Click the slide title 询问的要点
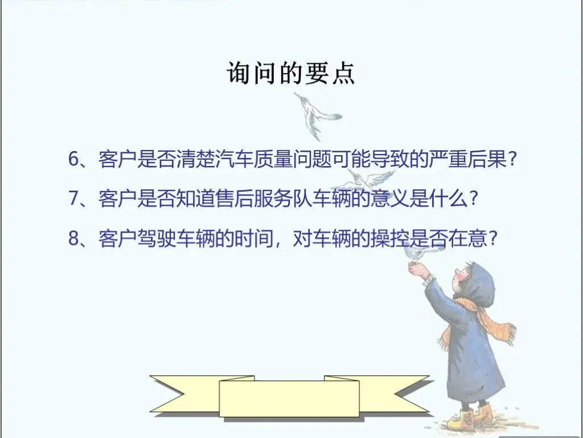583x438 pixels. [291, 72]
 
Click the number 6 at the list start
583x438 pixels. [74, 159]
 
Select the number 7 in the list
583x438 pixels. [74, 198]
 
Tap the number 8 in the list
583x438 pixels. [74, 238]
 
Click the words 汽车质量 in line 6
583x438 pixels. [254, 159]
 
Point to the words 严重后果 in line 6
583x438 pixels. [467, 159]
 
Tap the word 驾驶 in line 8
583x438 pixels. [157, 238]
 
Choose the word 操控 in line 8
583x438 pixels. [390, 238]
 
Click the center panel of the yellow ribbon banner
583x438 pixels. [289, 399]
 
